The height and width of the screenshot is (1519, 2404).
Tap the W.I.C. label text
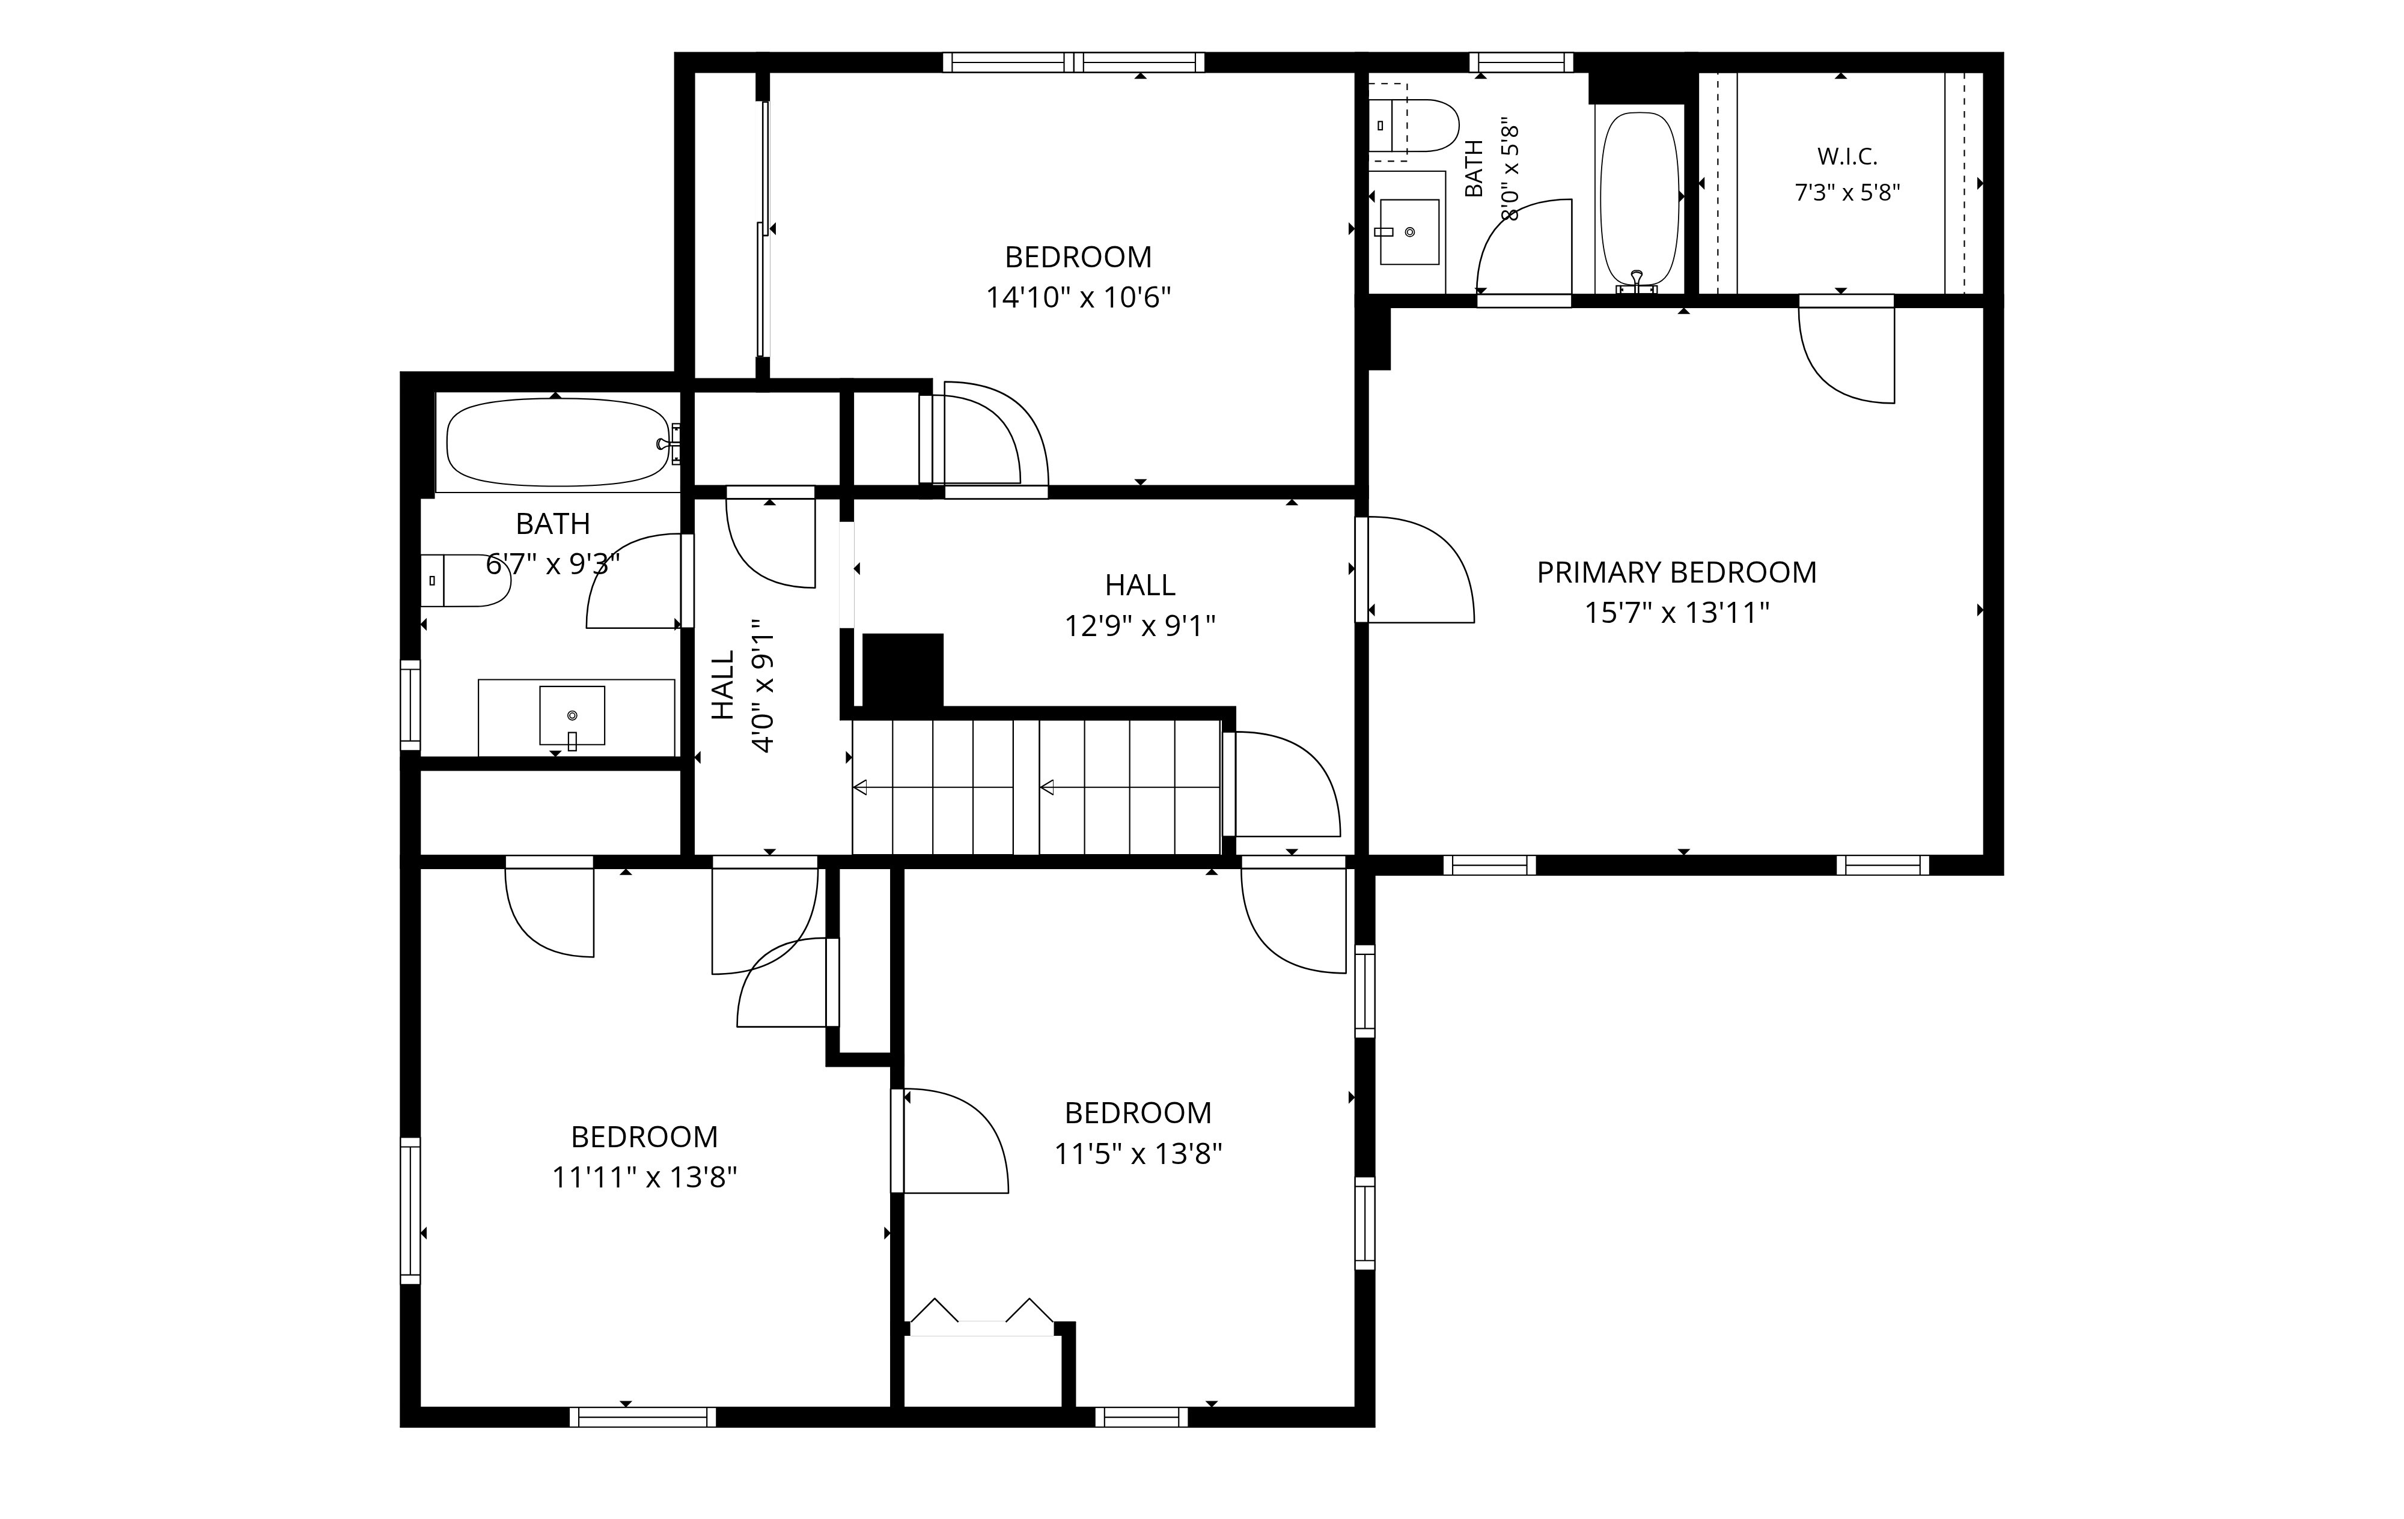click(1847, 157)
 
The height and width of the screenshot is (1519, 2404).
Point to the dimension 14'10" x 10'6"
click(1078, 297)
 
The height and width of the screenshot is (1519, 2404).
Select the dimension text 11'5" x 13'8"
click(1138, 1154)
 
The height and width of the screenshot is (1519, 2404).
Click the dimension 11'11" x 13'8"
click(645, 1178)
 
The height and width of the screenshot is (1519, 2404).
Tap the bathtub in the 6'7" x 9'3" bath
click(559, 442)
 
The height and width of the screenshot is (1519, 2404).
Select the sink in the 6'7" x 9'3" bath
click(572, 715)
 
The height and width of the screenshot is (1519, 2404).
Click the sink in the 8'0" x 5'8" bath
click(1410, 231)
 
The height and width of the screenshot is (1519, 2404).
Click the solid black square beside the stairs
click(903, 671)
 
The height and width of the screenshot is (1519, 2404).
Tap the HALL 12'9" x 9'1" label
click(1140, 605)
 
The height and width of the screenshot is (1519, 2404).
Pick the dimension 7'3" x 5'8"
click(1847, 193)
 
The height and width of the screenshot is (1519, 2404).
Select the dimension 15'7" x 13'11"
click(1677, 613)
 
